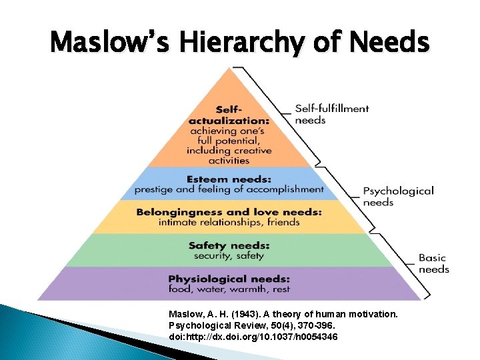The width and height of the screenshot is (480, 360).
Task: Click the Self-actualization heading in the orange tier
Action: [229, 115]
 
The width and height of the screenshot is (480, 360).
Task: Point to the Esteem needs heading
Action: [229, 179]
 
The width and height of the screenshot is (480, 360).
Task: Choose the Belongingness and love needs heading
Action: [229, 212]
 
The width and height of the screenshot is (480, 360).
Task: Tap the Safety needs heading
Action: [229, 245]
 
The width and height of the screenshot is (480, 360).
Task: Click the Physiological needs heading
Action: [229, 278]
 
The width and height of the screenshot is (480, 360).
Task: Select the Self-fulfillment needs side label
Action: [331, 114]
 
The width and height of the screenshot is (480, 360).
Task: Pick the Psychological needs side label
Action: [398, 196]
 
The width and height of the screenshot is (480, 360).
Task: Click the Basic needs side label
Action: [433, 263]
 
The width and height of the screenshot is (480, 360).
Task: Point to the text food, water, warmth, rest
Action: [229, 289]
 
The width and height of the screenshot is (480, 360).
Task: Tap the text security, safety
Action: [229, 255]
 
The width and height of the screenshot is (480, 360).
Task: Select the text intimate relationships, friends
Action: [229, 222]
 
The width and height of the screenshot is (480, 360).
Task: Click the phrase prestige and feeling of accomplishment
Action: [229, 189]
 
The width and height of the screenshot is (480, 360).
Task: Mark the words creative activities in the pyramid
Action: [229, 155]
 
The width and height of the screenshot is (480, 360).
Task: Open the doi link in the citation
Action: [253, 337]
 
